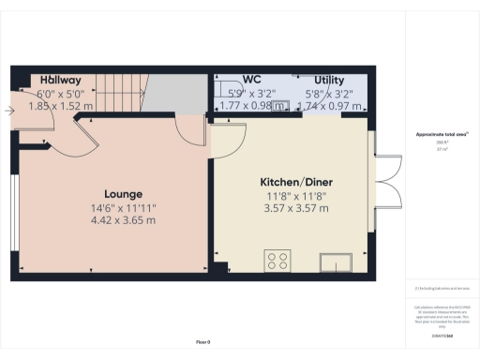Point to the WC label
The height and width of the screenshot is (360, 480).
coord(250,81)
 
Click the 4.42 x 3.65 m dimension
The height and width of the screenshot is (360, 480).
coord(123,220)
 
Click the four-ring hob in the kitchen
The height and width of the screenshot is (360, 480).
coord(277,260)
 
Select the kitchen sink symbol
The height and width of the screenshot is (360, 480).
coord(335,260)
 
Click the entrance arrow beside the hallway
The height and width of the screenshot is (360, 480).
coord(8,111)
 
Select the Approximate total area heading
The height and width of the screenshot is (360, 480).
coord(442,135)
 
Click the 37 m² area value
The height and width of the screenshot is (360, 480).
coord(442,149)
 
